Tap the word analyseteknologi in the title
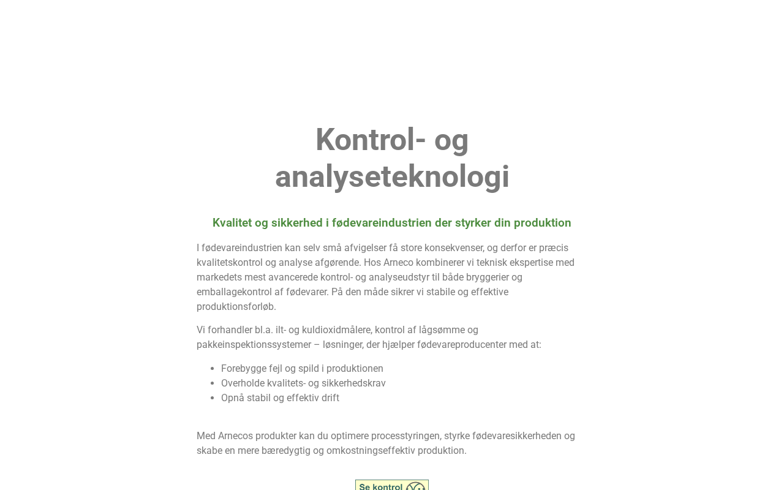coord(392,177)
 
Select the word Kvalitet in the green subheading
coord(232,223)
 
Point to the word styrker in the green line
coord(473,223)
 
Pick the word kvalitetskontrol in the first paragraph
coord(229,263)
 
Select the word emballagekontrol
coord(233,292)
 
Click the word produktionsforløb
coord(235,307)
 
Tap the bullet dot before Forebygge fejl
coord(213,369)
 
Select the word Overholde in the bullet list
coord(243,383)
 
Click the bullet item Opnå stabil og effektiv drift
coord(280,398)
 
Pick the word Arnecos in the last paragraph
coord(235,436)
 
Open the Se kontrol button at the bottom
coord(392,485)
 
